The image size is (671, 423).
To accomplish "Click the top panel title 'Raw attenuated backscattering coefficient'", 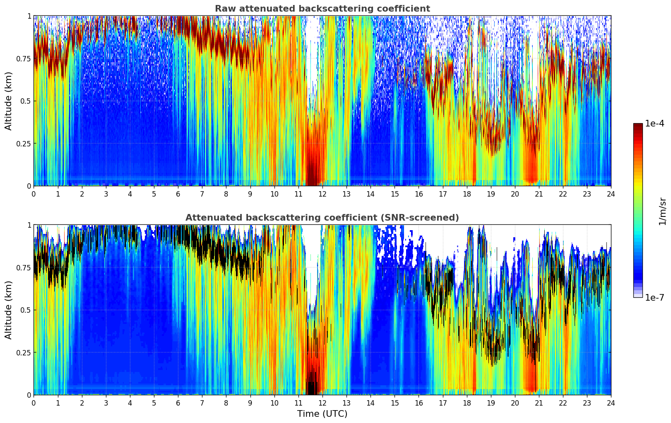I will click(x=322, y=9).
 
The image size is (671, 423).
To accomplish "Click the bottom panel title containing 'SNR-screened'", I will click(x=322, y=218).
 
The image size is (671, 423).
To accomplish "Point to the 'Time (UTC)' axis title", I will click(x=322, y=414).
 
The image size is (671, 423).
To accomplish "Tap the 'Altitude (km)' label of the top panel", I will click(x=9, y=101).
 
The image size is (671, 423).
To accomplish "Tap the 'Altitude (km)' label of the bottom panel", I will click(x=9, y=310).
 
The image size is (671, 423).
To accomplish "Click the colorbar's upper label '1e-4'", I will click(x=654, y=124).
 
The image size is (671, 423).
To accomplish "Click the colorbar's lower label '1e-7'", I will click(x=654, y=297).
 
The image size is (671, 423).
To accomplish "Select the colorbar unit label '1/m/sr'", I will click(x=662, y=211).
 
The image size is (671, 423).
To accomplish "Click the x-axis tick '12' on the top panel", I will click(x=322, y=194).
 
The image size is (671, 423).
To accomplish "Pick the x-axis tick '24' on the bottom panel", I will click(x=611, y=403).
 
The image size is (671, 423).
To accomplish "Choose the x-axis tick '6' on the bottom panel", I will click(x=178, y=403).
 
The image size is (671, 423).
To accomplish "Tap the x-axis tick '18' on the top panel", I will click(x=467, y=194).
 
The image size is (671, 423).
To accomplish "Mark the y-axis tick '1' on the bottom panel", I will click(x=29, y=225).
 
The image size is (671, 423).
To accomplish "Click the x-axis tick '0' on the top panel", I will click(x=34, y=194).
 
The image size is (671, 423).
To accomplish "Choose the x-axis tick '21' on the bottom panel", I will click(x=539, y=403).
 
